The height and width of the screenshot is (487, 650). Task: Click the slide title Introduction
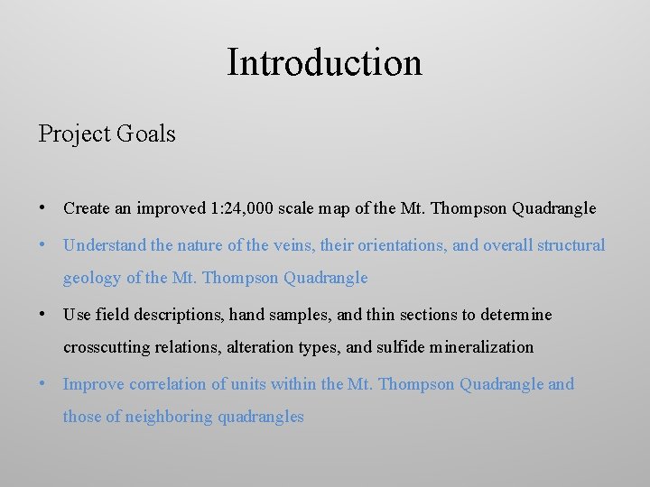pyautogui.click(x=324, y=63)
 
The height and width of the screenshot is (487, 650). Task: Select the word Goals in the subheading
pyautogui.click(x=146, y=134)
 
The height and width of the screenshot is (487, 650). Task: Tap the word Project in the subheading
pyautogui.click(x=75, y=134)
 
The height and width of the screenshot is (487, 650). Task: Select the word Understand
pyautogui.click(x=103, y=245)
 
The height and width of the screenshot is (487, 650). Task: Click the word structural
pyautogui.click(x=571, y=245)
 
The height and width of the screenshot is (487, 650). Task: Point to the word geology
pyautogui.click(x=91, y=278)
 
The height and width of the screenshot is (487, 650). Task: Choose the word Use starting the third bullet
pyautogui.click(x=78, y=315)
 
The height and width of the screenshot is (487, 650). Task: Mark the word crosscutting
pyautogui.click(x=106, y=347)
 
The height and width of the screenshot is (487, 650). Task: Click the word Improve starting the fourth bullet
pyautogui.click(x=93, y=384)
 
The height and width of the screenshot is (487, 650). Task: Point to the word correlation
pyautogui.click(x=168, y=384)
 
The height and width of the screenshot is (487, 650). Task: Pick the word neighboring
pyautogui.click(x=168, y=417)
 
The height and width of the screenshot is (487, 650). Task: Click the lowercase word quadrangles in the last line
pyautogui.click(x=261, y=417)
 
